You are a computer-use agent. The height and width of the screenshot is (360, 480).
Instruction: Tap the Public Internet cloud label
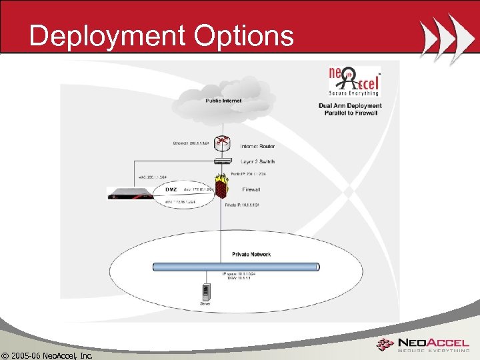point(223,101)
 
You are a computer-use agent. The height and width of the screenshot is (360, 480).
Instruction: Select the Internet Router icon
point(223,142)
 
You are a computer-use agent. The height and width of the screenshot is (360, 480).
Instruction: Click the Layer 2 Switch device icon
point(223,161)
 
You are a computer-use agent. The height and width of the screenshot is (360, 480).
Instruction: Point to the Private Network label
point(251,254)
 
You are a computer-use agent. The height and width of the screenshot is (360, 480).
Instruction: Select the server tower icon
point(206,291)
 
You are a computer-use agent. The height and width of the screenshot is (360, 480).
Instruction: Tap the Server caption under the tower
point(206,303)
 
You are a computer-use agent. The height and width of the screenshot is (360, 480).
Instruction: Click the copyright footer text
point(47,354)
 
